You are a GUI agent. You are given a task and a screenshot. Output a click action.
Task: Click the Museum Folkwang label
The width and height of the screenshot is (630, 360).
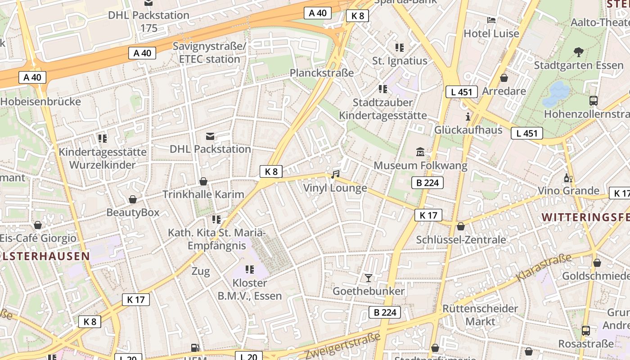(x=420, y=165)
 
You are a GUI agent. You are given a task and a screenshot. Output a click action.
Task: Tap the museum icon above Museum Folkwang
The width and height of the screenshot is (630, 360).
(x=420, y=152)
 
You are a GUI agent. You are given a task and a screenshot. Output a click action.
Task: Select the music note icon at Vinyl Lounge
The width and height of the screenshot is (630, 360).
(x=335, y=174)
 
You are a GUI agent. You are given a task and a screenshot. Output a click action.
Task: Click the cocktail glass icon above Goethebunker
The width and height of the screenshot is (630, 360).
(x=369, y=278)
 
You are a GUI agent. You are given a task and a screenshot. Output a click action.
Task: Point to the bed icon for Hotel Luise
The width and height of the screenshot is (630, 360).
(x=491, y=20)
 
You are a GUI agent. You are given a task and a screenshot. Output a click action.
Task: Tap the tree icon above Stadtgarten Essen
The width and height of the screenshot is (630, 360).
(x=579, y=52)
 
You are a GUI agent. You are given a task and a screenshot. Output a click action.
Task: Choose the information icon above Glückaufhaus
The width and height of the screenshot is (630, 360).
(x=468, y=117)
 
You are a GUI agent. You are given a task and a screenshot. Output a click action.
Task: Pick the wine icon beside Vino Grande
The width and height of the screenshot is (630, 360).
(x=568, y=178)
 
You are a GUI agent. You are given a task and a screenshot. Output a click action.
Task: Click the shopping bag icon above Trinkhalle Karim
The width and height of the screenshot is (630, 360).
(x=203, y=181)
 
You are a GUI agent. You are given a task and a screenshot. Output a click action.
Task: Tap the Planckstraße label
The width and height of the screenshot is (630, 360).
(x=322, y=72)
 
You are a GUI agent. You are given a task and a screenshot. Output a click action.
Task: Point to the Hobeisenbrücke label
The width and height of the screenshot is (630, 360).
(x=40, y=101)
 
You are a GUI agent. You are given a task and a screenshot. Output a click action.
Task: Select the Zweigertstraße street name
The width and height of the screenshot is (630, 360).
(x=342, y=346)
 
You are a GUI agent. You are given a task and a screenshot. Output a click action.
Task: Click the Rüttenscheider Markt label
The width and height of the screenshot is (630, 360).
(x=480, y=315)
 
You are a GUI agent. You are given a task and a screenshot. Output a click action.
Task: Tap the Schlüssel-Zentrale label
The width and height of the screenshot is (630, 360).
(x=461, y=239)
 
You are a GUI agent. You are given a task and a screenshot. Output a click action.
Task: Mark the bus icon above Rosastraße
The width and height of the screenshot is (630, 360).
(x=586, y=331)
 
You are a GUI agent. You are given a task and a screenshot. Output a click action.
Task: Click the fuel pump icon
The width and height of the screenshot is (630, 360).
(x=195, y=347)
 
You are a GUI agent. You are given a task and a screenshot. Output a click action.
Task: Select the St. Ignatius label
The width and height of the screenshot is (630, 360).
(x=400, y=61)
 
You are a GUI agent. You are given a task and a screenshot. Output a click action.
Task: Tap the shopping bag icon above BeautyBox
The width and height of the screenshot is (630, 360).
(x=133, y=199)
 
